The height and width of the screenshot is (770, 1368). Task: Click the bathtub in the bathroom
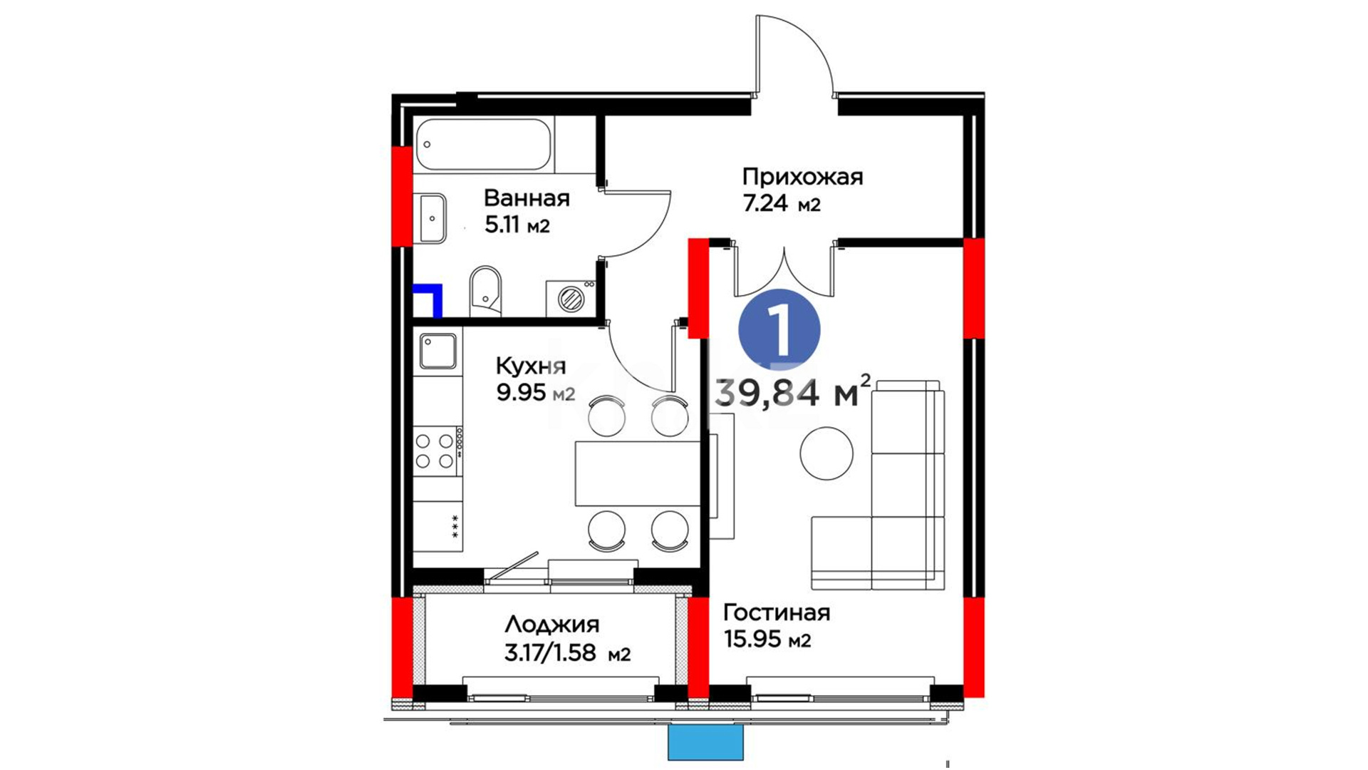483,145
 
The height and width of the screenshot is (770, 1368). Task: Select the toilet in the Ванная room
485,291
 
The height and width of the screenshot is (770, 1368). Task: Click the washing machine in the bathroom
571,298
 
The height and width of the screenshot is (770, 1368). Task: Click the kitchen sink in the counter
437,351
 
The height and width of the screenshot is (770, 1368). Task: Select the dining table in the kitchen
638,473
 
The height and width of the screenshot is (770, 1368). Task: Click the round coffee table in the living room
826,453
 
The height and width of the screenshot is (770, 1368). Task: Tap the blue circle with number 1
779,330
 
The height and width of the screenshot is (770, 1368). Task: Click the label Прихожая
802,177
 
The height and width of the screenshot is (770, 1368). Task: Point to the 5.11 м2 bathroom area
517,226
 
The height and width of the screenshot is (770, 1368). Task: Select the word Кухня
531,366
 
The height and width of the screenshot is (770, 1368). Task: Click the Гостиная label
777,612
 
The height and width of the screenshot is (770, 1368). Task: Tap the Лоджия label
552,625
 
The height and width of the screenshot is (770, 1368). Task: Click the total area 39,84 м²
792,392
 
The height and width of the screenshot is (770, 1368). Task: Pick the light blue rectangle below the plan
705,742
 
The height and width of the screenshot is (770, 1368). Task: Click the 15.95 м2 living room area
767,640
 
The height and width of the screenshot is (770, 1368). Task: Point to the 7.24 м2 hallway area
782,205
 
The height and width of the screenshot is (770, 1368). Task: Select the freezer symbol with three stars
455,526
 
